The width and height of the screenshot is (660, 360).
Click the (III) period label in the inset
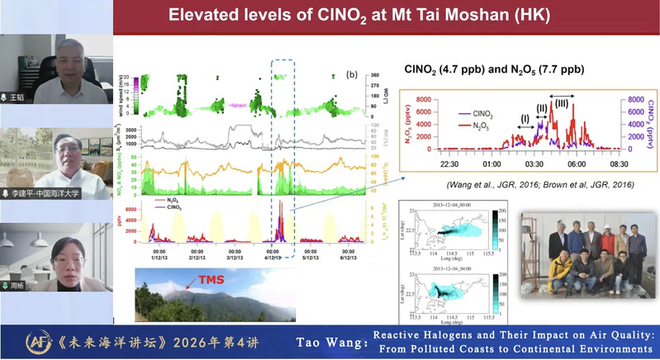coord(562,102)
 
